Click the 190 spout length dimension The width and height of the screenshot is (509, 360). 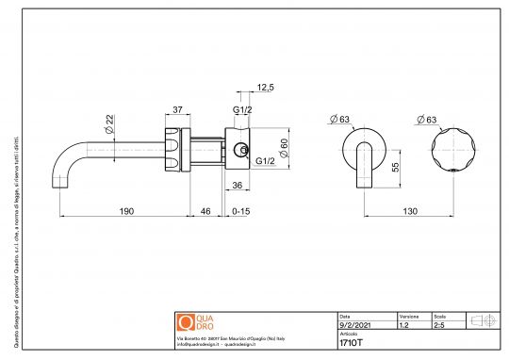(x=124, y=212)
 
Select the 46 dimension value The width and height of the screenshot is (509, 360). (x=205, y=212)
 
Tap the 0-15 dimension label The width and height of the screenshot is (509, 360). (x=241, y=212)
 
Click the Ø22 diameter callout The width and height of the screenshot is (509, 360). (x=109, y=121)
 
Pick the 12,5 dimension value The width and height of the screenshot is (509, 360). (x=265, y=88)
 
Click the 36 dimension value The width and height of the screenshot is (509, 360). (x=238, y=185)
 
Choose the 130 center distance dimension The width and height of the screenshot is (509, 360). (x=411, y=212)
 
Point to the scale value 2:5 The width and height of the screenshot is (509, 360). (x=438, y=324)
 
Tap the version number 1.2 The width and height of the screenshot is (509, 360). (x=404, y=324)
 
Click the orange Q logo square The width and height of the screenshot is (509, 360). (x=185, y=320)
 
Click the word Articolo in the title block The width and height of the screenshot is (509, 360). (x=349, y=334)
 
